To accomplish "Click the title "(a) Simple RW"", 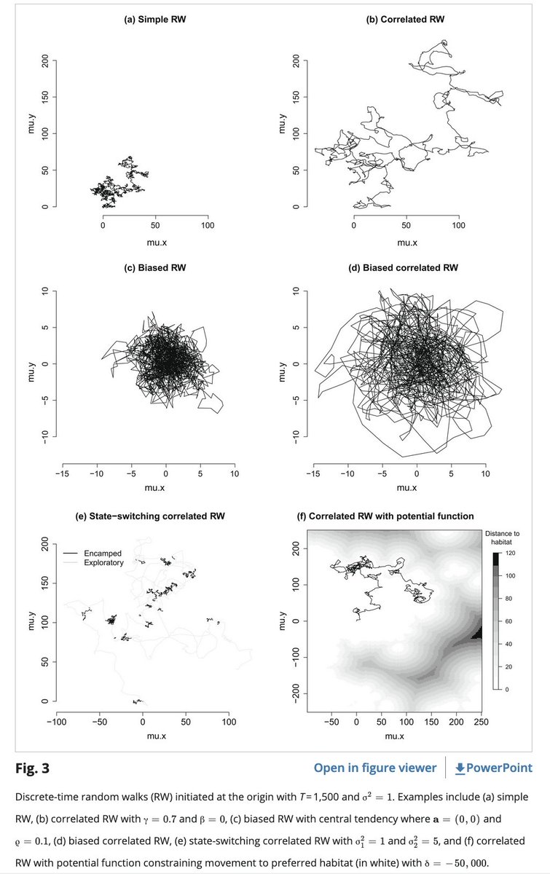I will coord(155,19).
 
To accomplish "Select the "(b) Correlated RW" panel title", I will coord(406,19).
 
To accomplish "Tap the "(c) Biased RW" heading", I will coord(155,268).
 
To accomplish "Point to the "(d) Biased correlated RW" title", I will coord(406,268).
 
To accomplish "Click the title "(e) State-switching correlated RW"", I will coord(155,516).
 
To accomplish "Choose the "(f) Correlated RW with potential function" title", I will coord(391,516).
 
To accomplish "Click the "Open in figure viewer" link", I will coord(374,768).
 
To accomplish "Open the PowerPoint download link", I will coord(493,768).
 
